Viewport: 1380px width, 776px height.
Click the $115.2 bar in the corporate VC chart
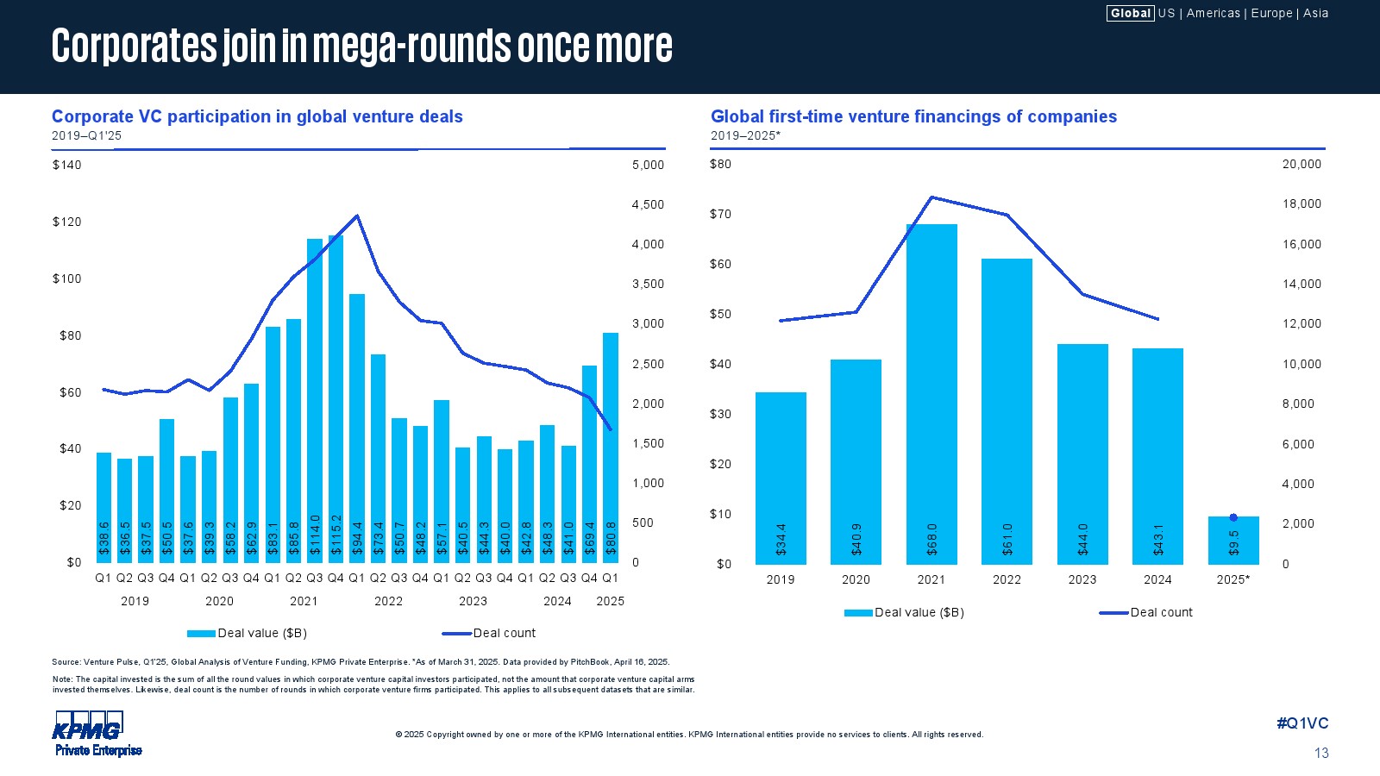pyautogui.click(x=336, y=397)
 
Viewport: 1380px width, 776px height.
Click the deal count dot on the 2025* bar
pyautogui.click(x=1233, y=517)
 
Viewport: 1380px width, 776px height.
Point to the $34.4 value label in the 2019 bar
pyautogui.click(x=781, y=539)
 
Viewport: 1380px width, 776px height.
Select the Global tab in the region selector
pyautogui.click(x=1130, y=13)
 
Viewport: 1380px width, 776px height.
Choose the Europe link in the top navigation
pyautogui.click(x=1271, y=13)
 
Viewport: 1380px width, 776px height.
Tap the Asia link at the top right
pyautogui.click(x=1315, y=13)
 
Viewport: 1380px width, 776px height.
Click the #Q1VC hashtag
pyautogui.click(x=1302, y=723)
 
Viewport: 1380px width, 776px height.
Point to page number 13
pyautogui.click(x=1321, y=753)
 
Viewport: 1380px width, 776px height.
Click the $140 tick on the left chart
pyautogui.click(x=66, y=165)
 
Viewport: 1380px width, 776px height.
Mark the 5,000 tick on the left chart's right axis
pyautogui.click(x=648, y=165)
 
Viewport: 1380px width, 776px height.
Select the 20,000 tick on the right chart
pyautogui.click(x=1302, y=164)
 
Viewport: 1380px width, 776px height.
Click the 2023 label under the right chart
pyautogui.click(x=1082, y=579)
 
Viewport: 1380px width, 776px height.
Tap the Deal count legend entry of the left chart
pyautogui.click(x=504, y=633)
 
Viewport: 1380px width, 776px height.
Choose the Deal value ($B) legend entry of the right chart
pyautogui.click(x=919, y=612)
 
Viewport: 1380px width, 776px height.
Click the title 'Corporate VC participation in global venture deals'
pyautogui.click(x=257, y=116)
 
